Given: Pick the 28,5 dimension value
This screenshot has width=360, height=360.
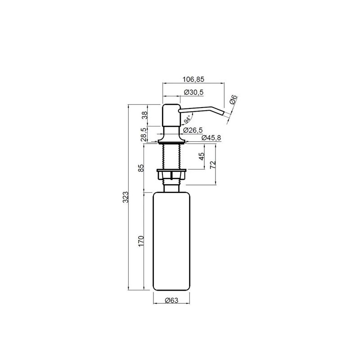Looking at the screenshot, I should [x=143, y=135].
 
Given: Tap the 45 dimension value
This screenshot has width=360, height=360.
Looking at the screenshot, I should [x=202, y=156].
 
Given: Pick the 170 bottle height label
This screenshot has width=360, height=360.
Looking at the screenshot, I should [x=141, y=241].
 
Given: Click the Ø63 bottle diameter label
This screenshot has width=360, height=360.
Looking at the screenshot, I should [x=171, y=300].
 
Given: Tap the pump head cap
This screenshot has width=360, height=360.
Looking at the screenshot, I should [x=171, y=115].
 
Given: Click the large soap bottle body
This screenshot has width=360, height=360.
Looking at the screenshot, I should [x=171, y=241].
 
